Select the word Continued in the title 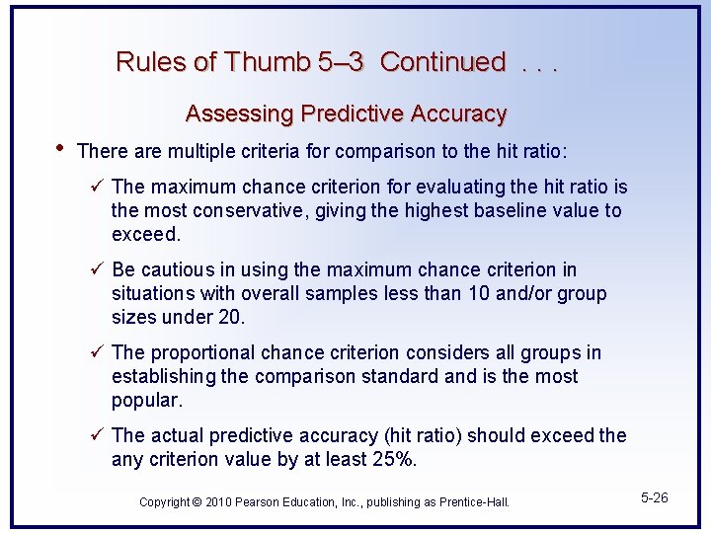pyautogui.click(x=442, y=62)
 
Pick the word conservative pyautogui.click(x=247, y=210)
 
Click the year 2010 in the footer pyautogui.click(x=219, y=502)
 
